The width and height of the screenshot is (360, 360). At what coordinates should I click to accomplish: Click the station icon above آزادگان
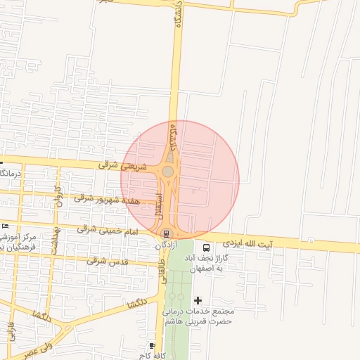(x=167, y=233)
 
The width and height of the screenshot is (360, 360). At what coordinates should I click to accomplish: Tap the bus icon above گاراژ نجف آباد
(x=206, y=248)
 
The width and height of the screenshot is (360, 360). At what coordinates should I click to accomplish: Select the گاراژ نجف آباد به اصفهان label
(x=219, y=264)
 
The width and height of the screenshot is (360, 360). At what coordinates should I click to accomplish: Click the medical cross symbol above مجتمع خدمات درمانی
(x=198, y=300)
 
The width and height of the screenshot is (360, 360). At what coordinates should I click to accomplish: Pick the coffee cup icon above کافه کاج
(x=153, y=345)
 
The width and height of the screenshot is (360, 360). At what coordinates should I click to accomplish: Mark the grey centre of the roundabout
(x=168, y=172)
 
